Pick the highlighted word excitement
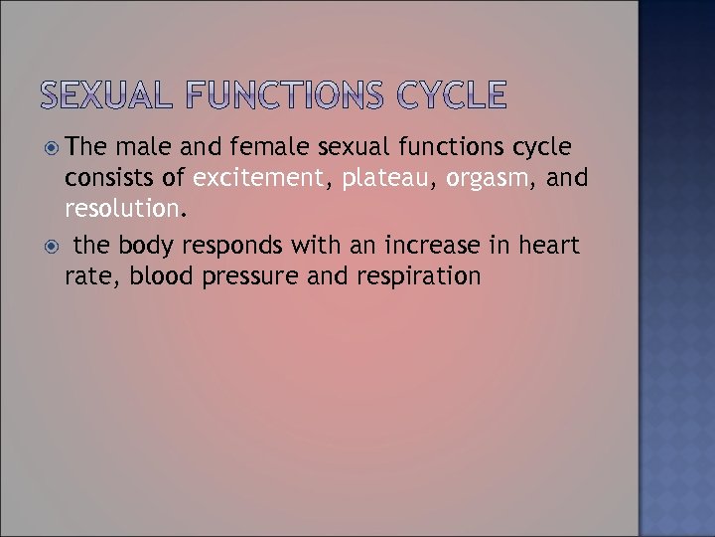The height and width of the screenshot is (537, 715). (x=259, y=179)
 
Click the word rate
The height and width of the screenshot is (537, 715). (x=86, y=275)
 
